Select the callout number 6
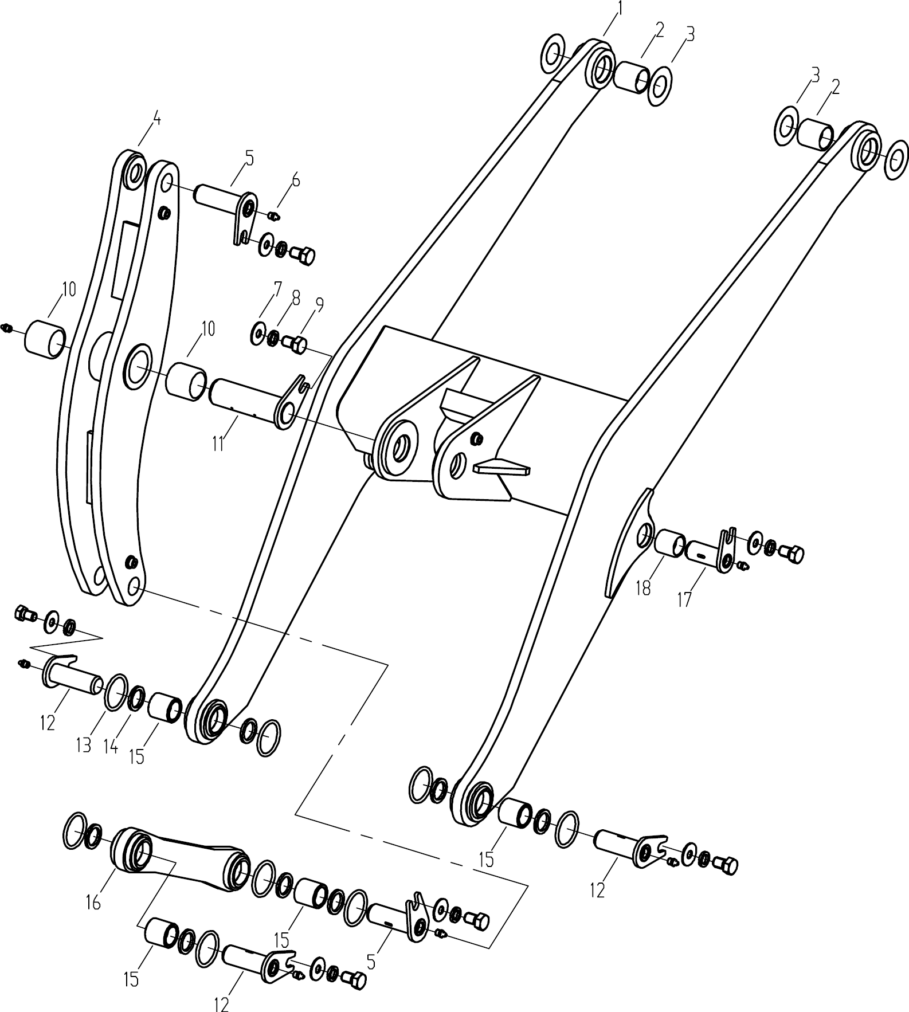click(295, 180)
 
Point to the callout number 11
click(218, 444)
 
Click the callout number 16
click(93, 903)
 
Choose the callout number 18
click(643, 588)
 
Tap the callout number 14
click(111, 746)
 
